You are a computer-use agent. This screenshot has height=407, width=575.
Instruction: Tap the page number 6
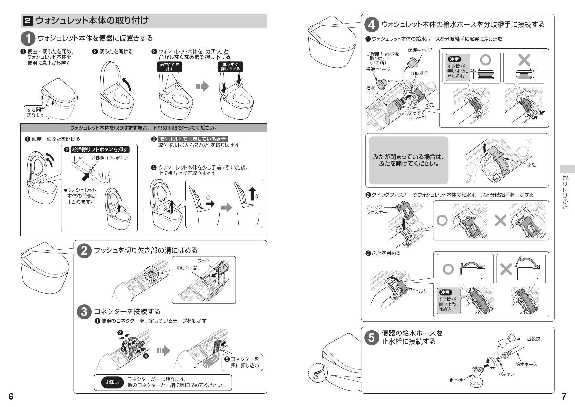11,396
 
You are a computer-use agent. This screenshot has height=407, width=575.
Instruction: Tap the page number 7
564,396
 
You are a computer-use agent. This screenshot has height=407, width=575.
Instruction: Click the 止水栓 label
456,380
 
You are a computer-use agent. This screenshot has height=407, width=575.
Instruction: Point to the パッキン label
506,374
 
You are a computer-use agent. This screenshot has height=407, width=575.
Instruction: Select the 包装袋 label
533,339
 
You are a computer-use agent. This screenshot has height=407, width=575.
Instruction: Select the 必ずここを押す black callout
169,67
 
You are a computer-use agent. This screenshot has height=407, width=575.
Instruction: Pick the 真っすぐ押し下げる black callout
230,67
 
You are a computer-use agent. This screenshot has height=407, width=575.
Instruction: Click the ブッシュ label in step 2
205,261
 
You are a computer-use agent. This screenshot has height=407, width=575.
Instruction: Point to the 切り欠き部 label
187,268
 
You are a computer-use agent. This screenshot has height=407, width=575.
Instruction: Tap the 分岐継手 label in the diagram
419,74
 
